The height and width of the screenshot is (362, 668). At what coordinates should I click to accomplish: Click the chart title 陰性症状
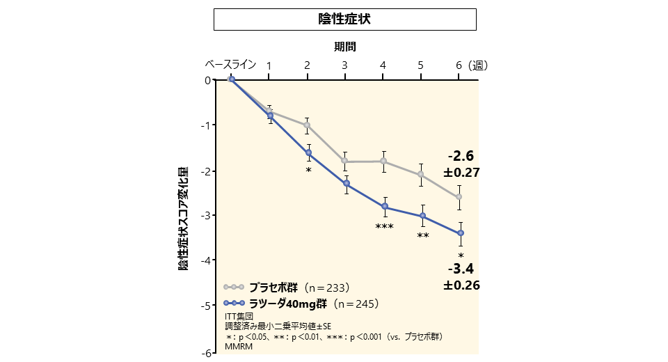pyautogui.click(x=344, y=19)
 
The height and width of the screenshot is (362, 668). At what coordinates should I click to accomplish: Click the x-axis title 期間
pyautogui.click(x=344, y=47)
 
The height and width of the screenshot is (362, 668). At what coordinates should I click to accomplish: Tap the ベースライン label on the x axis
pyautogui.click(x=230, y=65)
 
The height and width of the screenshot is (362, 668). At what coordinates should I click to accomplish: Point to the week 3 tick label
pyautogui.click(x=344, y=65)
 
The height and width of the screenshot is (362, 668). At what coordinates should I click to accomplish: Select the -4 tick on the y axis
pyautogui.click(x=207, y=260)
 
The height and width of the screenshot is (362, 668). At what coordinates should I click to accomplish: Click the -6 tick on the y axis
pyautogui.click(x=207, y=353)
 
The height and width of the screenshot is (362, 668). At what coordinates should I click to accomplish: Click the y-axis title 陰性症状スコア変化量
pyautogui.click(x=183, y=218)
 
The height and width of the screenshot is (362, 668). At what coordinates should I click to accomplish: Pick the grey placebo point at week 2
pyautogui.click(x=308, y=125)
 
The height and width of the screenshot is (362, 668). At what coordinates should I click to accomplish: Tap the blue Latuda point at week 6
pyautogui.click(x=459, y=233)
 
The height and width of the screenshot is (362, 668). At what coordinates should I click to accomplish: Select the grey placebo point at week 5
pyautogui.click(x=421, y=174)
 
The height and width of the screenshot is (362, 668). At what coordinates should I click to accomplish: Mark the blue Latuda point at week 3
pyautogui.click(x=346, y=184)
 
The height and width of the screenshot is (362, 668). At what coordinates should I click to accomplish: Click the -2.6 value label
pyautogui.click(x=461, y=156)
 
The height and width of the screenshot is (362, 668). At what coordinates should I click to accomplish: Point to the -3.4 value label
pyautogui.click(x=461, y=269)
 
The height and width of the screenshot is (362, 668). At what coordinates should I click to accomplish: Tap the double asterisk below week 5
pyautogui.click(x=422, y=236)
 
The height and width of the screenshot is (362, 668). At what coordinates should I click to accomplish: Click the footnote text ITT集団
pyautogui.click(x=239, y=316)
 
